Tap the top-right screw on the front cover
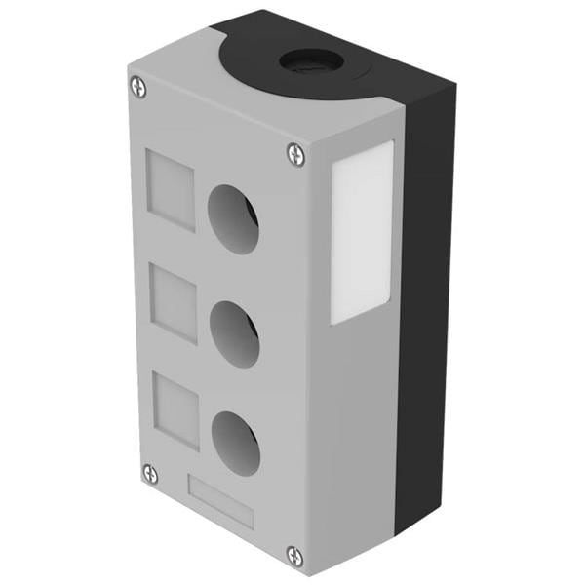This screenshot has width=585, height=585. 295,153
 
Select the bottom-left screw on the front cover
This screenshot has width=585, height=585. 150,473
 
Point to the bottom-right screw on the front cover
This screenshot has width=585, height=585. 294,556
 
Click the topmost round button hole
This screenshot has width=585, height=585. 234,216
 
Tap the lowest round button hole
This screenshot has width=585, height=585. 236,443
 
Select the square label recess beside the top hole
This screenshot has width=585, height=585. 171,188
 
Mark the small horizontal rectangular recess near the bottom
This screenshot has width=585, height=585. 219,502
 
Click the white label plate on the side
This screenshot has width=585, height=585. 362,232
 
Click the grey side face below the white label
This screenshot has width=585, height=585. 356,429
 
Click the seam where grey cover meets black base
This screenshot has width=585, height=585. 400,322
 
